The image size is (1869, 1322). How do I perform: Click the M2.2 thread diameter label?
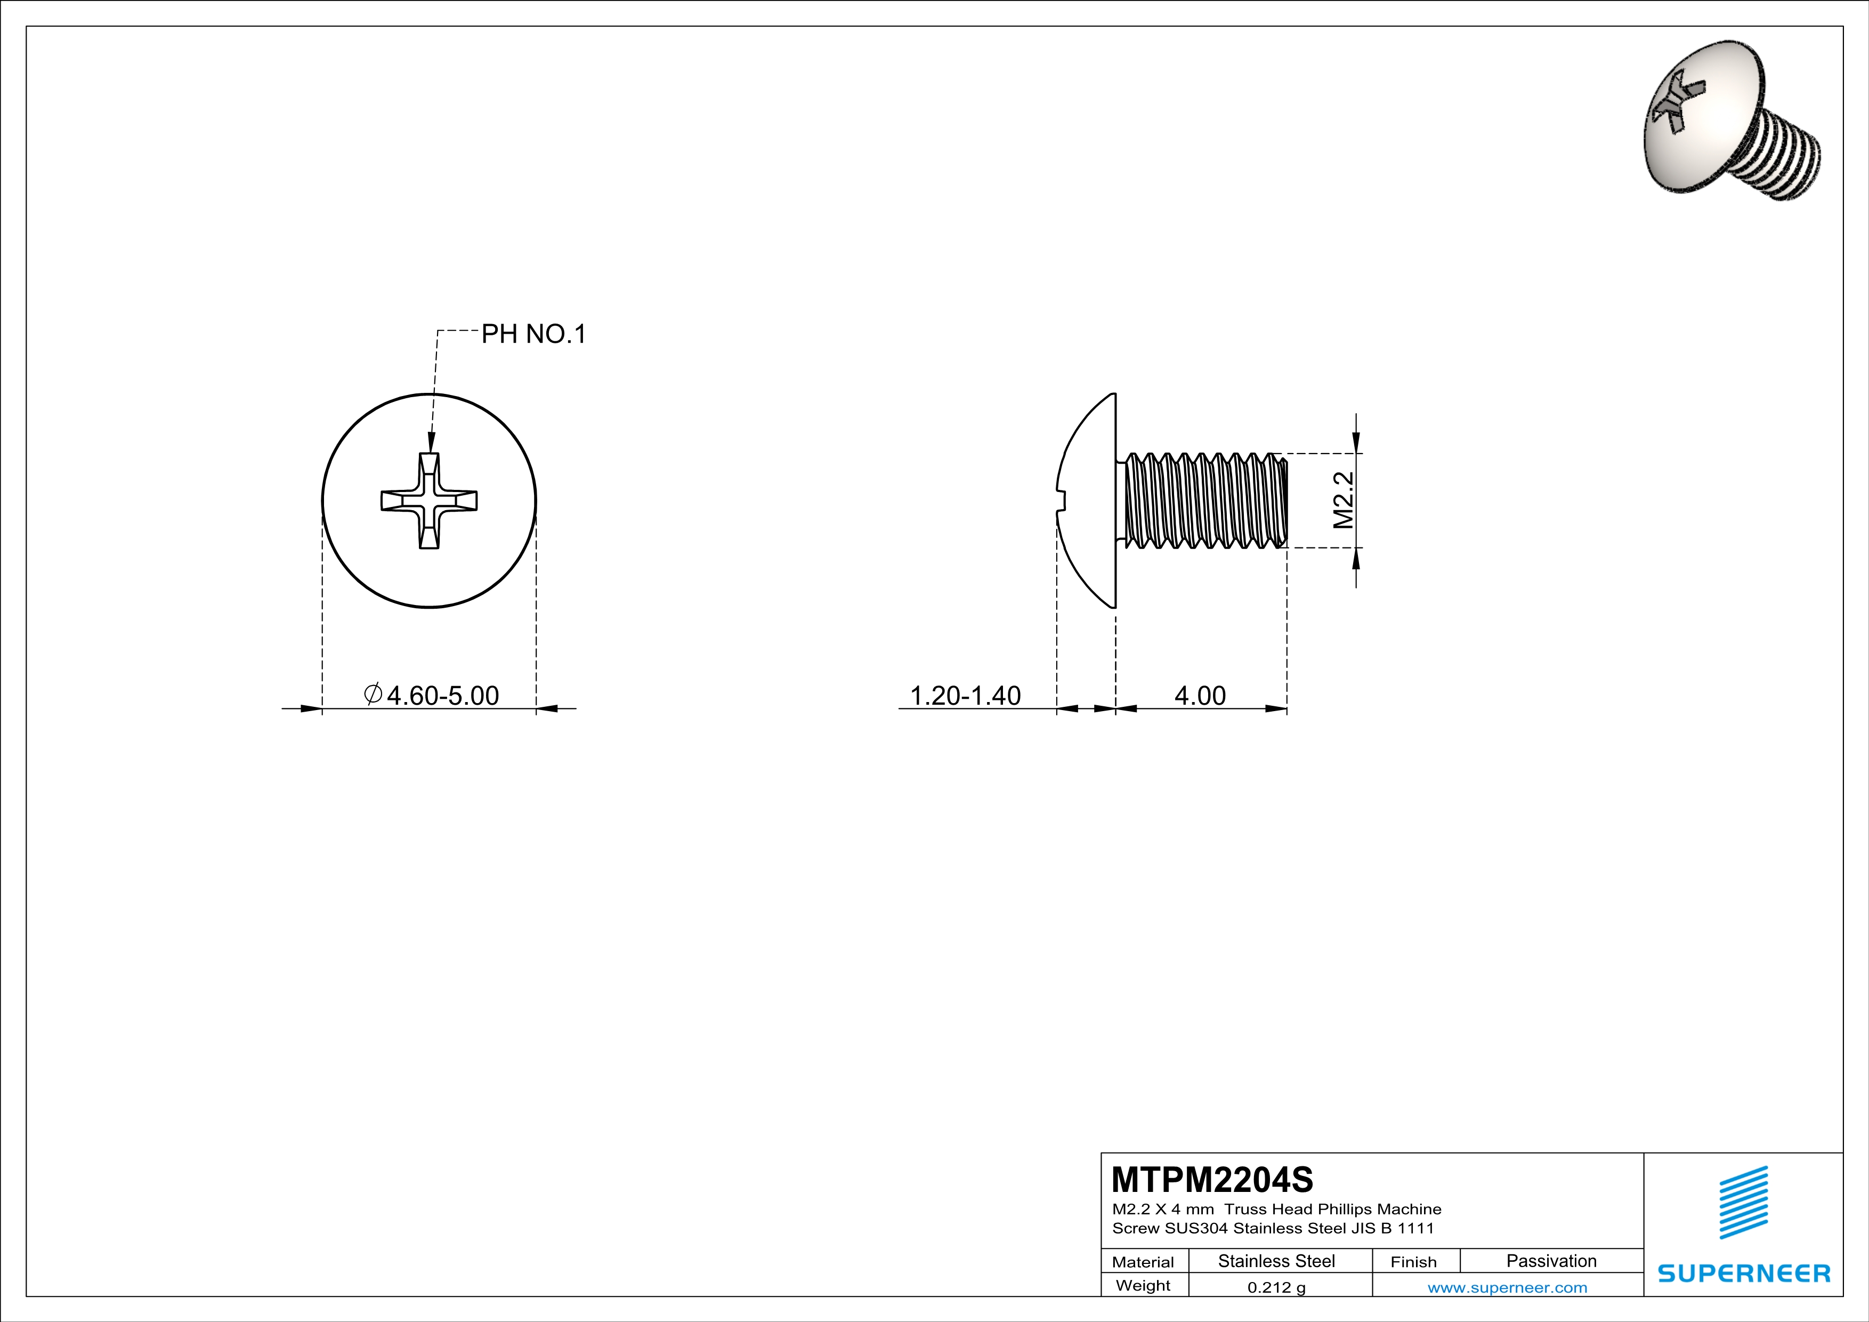coord(1343,501)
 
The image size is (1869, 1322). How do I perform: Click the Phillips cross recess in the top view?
coord(429,501)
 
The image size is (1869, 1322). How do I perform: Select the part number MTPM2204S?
coord(1212,1180)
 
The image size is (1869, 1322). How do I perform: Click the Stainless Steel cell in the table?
coord(1276,1261)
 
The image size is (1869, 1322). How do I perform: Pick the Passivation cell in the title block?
coord(1551,1261)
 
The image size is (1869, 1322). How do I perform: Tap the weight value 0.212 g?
coord(1276,1287)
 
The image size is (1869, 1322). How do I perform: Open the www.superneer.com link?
coord(1507,1287)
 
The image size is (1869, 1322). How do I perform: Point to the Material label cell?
coord(1143,1262)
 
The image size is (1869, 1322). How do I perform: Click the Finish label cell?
coord(1413,1262)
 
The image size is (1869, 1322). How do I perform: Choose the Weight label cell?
coord(1143,1285)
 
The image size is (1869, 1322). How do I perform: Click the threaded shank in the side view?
coord(1205,501)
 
